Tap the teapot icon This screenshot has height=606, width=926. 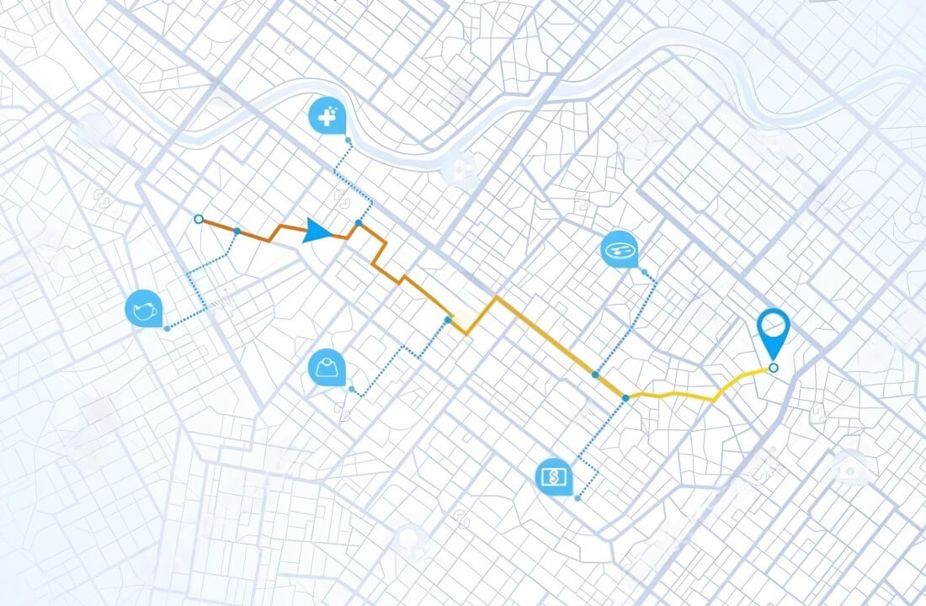[142, 309]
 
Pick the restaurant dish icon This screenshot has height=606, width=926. [620, 249]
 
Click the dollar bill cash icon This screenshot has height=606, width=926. [553, 477]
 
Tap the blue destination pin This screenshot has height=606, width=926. [773, 329]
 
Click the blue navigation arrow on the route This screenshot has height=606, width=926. [317, 231]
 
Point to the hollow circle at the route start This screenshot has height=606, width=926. [199, 219]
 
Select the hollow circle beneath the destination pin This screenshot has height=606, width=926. [774, 367]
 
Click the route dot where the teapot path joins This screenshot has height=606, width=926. [237, 231]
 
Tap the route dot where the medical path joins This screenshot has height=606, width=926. [359, 223]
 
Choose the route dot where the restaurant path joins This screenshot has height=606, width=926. [595, 374]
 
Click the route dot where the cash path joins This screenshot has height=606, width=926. [625, 396]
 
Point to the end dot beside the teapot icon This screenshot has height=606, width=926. [167, 328]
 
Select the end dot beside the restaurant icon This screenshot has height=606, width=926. [644, 273]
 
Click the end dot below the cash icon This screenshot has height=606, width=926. [577, 498]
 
